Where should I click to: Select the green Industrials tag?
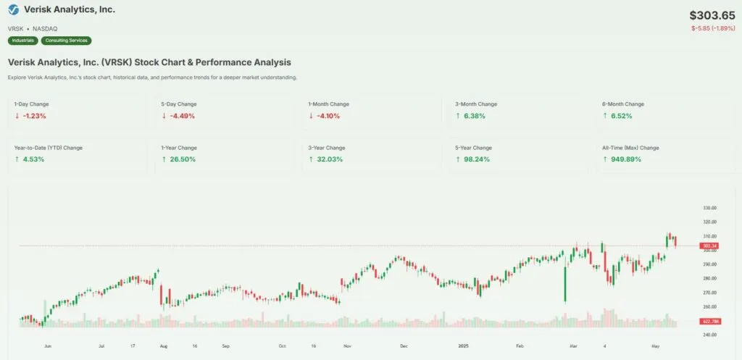23,41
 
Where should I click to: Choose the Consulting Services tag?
67,41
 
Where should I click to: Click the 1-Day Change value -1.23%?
33,116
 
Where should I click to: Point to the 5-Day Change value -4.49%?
181,116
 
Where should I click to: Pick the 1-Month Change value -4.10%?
328,116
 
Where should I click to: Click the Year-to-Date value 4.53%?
33,159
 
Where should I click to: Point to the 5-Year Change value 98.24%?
475,159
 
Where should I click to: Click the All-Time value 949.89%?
622,159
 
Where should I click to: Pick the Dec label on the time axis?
404,347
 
